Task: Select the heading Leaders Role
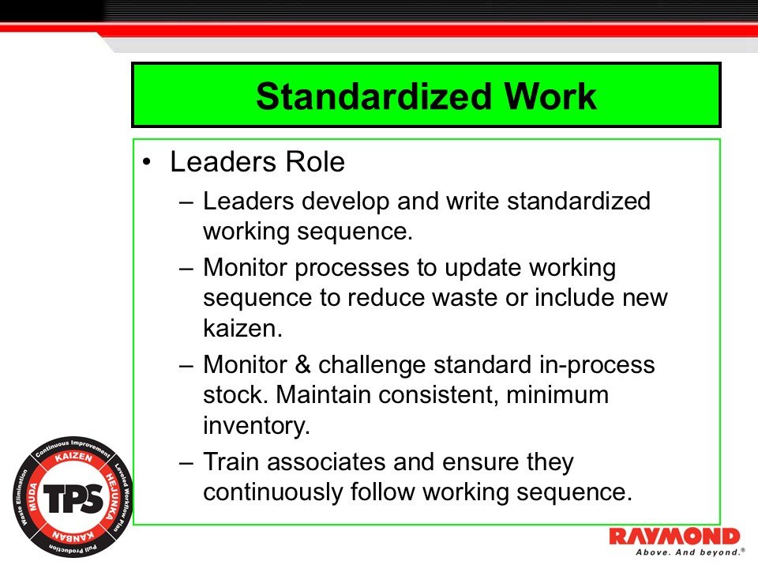click(257, 162)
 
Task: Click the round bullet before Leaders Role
click(147, 163)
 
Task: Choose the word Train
click(234, 461)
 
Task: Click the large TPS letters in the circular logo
click(71, 498)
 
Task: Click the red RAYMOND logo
click(674, 536)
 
